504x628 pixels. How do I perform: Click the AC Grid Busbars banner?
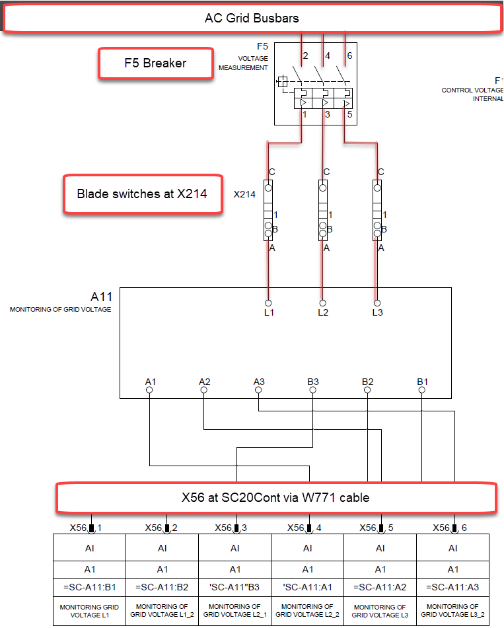[252, 18]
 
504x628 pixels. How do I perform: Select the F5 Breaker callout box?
[156, 64]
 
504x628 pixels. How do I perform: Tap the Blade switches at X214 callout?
[142, 194]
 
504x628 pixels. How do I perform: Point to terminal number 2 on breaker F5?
[305, 56]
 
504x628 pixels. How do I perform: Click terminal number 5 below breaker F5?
[349, 114]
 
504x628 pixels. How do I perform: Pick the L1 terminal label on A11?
[268, 312]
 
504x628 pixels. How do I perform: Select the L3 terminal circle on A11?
[377, 303]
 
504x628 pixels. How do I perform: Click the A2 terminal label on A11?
[205, 382]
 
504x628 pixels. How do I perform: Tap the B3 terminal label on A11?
[313, 382]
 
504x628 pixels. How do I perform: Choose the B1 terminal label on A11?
[422, 382]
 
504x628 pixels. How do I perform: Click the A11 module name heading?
[102, 297]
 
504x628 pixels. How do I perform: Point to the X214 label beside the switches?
[244, 195]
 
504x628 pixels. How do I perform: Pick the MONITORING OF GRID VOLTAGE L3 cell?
[380, 610]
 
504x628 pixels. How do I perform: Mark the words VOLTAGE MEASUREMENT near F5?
[244, 63]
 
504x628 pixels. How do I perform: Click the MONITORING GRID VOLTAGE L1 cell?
[90, 610]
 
